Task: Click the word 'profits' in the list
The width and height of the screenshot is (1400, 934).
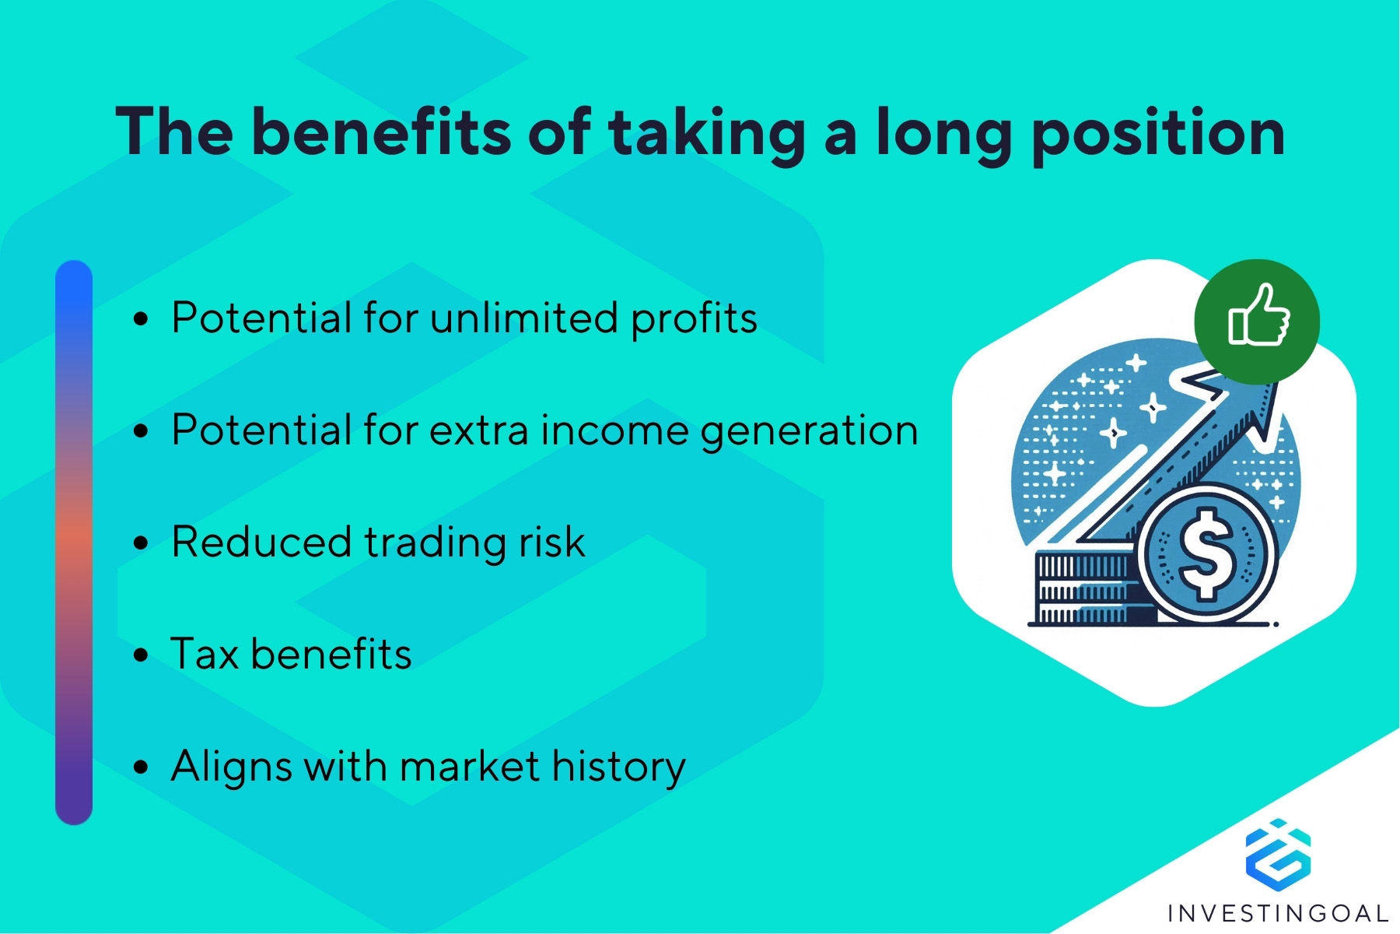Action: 694,320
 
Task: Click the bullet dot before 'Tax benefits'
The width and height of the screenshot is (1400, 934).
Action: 141,655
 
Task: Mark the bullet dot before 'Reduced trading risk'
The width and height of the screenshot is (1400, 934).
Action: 141,542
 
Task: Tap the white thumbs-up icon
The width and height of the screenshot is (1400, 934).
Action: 1258,315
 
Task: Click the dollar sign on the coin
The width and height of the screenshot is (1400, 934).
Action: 1206,553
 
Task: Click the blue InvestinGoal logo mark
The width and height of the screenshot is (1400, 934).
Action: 1278,855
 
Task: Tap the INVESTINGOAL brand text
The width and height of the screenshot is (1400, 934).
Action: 1278,912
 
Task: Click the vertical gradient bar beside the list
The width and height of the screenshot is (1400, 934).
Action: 74,542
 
